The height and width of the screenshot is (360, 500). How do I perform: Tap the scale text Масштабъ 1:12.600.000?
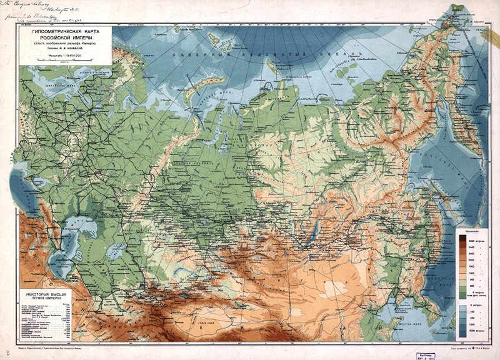pyautogui.click(x=62, y=57)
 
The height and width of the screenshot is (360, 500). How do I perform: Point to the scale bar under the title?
pyautogui.click(x=62, y=64)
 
